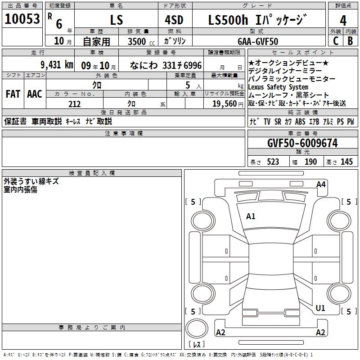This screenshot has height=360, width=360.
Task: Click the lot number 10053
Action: coord(22,19)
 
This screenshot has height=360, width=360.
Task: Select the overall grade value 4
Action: coord(343,20)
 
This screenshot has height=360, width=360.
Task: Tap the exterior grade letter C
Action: coord(336,41)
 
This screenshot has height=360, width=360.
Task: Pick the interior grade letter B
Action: coord(350,41)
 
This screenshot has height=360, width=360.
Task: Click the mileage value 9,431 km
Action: coord(57,65)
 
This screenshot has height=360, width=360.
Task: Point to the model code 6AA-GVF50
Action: coord(258,41)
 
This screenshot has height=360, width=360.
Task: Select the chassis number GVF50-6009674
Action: coord(302,143)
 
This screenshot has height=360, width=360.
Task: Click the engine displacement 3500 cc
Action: coord(141,41)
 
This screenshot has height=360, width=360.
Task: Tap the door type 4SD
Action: coord(174,20)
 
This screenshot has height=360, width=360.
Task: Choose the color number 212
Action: coord(74,104)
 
